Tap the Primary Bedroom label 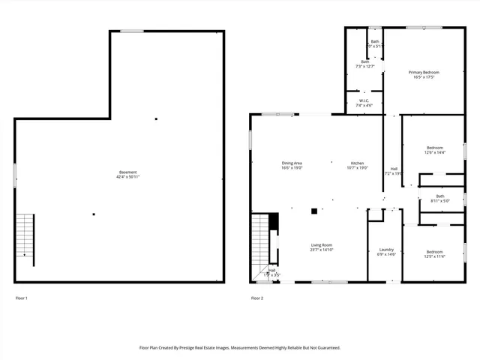pos(424,72)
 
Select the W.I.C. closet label pos(364,100)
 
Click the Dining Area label pos(292,163)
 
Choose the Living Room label pos(322,245)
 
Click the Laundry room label pos(386,250)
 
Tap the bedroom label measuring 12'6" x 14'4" pos(435,148)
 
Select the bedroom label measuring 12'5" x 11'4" pos(435,251)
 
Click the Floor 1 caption pos(22,298)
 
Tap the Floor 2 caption pos(257,298)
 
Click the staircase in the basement pos(25,235)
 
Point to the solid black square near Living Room pos(314,211)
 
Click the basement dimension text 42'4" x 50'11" pos(127,177)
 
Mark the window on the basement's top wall pos(132,31)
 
